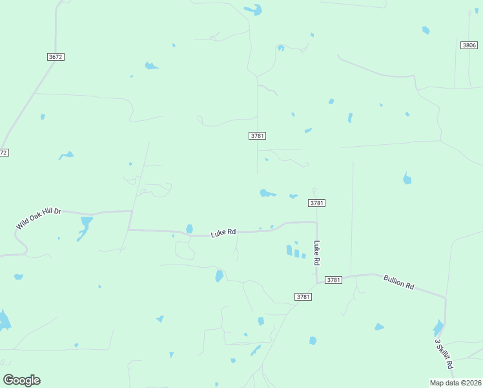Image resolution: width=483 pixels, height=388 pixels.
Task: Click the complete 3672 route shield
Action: [56, 57]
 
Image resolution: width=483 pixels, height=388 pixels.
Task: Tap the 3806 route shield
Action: [469, 45]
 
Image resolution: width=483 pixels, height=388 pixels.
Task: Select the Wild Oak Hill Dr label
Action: [39, 218]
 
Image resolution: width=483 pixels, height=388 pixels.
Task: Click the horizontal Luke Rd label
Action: [223, 233]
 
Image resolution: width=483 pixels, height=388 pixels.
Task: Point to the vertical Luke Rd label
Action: [317, 253]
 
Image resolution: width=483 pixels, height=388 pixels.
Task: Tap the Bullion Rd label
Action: [398, 281]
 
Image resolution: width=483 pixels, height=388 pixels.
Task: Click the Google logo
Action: [21, 380]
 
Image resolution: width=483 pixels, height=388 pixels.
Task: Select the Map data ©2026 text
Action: [455, 383]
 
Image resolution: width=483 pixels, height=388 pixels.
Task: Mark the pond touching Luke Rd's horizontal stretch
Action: [189, 228]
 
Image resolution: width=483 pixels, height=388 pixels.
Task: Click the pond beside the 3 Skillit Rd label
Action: [438, 329]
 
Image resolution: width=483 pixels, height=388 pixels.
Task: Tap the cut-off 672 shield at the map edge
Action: [3, 153]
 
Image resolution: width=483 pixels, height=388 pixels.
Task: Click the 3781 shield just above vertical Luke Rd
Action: [316, 203]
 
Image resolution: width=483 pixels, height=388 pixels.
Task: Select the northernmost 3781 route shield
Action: [257, 136]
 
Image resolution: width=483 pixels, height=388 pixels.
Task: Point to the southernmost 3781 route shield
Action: [303, 297]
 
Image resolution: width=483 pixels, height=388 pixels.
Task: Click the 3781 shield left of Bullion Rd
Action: [333, 280]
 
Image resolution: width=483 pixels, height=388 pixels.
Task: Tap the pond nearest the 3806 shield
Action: [426, 30]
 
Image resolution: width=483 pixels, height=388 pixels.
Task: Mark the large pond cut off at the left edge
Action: [4, 321]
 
